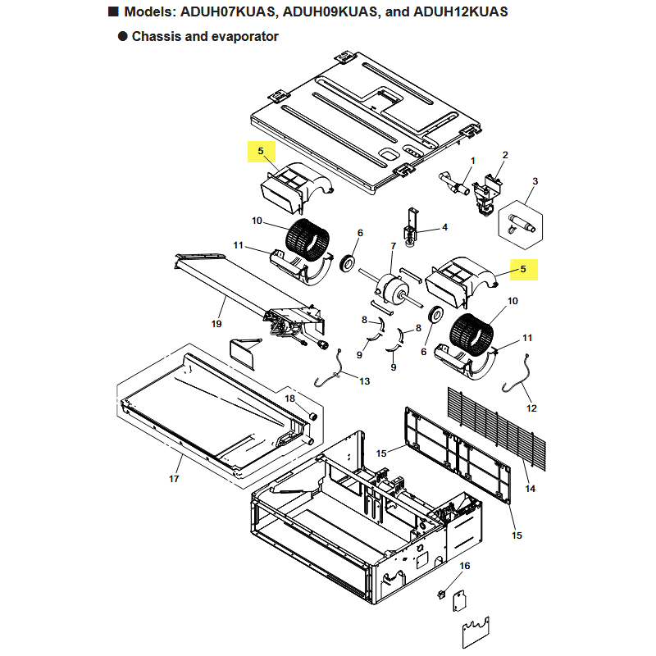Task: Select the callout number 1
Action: coord(472,161)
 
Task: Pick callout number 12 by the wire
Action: coord(531,408)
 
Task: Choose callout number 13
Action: coord(364,381)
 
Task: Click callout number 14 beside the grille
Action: coord(530,489)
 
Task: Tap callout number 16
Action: coord(465,566)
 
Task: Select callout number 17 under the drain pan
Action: coord(174,479)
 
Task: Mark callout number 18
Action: coord(289,398)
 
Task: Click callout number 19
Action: coord(216,324)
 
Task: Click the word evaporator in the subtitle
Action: coord(241,36)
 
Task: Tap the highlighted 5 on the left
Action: coord(261,151)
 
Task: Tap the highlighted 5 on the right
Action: coord(522,268)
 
